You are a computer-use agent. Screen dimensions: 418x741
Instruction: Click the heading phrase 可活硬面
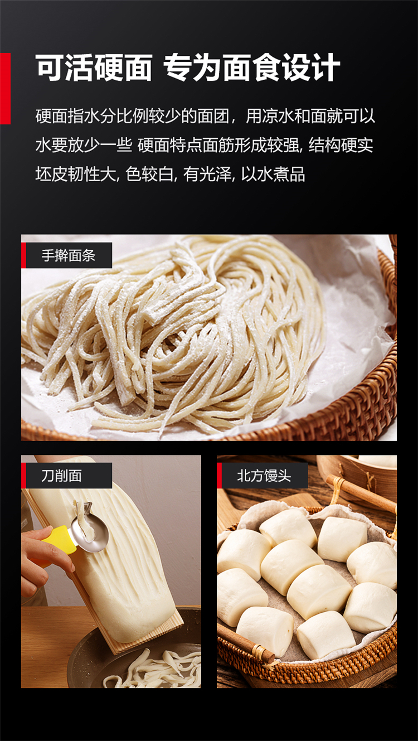[94, 67]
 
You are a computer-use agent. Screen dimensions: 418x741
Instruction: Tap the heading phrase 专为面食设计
[252, 67]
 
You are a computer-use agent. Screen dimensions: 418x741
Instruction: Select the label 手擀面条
[69, 255]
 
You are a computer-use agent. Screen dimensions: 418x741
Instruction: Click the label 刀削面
[61, 476]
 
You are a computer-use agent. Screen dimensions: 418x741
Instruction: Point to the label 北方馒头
[264, 476]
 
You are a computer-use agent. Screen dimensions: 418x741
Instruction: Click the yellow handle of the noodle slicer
[56, 537]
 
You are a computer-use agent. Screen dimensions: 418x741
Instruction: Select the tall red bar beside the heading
[5, 88]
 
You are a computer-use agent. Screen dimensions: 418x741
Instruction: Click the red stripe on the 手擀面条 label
[23, 255]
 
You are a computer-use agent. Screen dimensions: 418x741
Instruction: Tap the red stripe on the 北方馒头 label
[219, 476]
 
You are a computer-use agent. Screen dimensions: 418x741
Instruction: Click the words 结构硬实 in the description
[341, 145]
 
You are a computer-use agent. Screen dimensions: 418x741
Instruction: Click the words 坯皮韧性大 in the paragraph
[76, 174]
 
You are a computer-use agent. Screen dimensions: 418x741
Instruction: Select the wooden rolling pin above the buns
[361, 493]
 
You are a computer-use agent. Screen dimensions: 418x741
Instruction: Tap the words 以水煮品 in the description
[273, 174]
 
